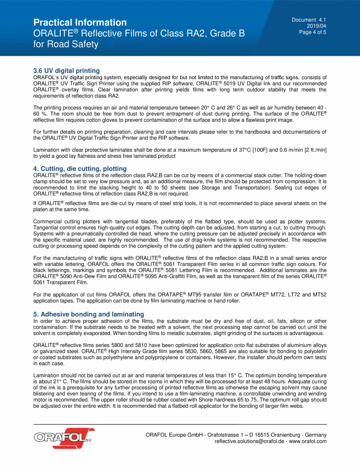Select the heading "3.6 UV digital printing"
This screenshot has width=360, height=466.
[x=66, y=71]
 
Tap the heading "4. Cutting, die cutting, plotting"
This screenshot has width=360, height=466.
[x=80, y=169]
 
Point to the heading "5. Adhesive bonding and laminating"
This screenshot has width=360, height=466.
[x=89, y=314]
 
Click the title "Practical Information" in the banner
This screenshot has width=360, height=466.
[x=80, y=22]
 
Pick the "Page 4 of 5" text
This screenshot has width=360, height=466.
[x=313, y=32]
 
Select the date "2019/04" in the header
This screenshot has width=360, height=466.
[x=319, y=26]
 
